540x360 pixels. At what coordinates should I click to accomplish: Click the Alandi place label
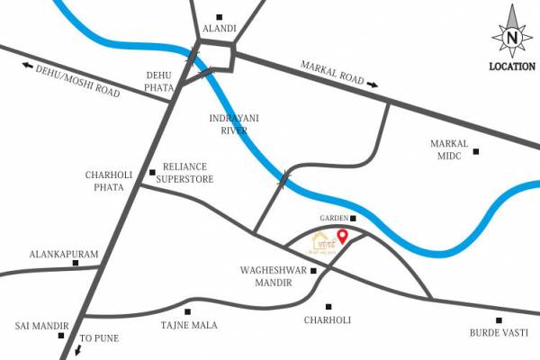[x=220, y=29]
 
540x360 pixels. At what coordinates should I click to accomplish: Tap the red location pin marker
[x=342, y=238]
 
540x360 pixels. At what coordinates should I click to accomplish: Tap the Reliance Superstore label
[x=185, y=173]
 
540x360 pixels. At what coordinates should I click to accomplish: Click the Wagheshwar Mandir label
[x=267, y=276]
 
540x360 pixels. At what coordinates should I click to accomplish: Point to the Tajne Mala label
[x=189, y=326]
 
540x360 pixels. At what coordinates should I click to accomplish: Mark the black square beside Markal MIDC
[x=477, y=151]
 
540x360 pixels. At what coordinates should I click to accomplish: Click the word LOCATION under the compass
[x=512, y=66]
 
